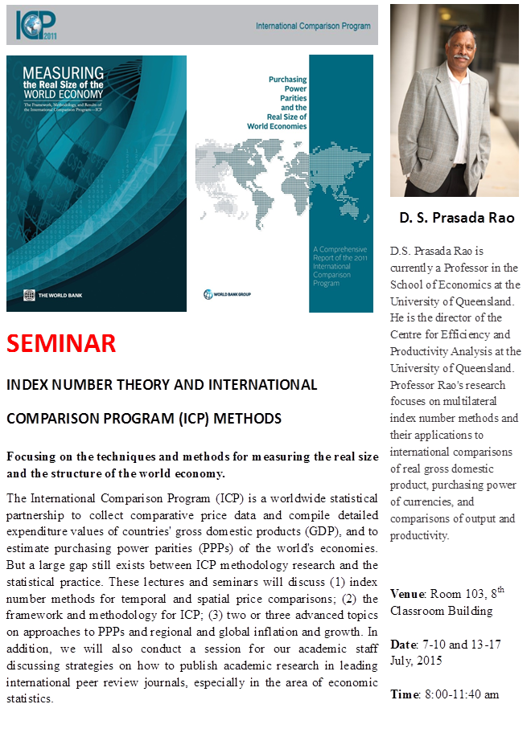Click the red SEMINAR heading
(x=61, y=343)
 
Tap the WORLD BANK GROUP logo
(x=230, y=294)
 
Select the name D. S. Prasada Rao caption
(x=456, y=218)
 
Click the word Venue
(x=407, y=594)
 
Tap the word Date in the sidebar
(x=403, y=645)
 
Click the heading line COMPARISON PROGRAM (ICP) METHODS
(x=144, y=419)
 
